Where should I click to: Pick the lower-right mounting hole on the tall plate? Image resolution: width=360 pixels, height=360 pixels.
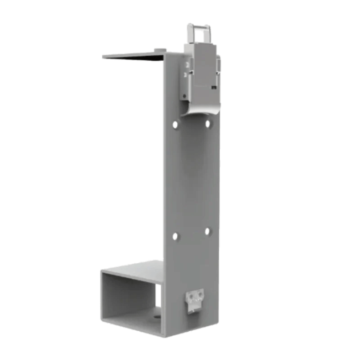(207, 231)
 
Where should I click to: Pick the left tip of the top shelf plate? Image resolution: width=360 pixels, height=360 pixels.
(103, 56)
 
